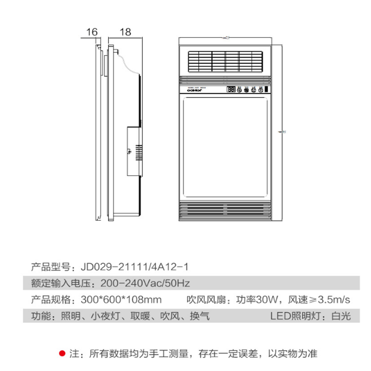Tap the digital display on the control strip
coord(231,90)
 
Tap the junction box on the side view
coord(133,151)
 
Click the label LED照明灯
coord(295,316)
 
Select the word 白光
coord(341,316)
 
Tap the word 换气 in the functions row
coord(200,316)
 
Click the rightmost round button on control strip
coord(261,90)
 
